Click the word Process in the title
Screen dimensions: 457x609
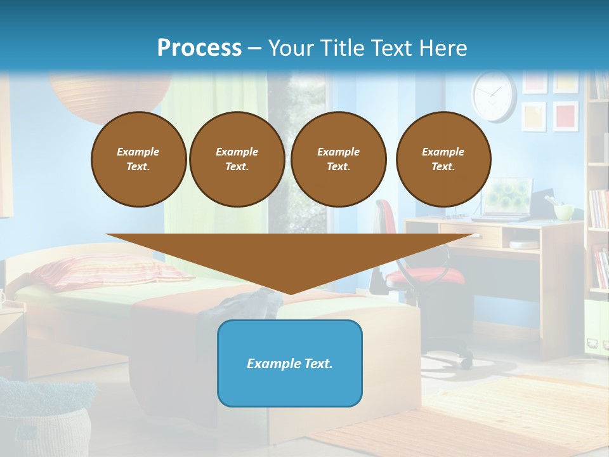(199, 48)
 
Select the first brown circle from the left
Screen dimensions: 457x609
(138, 159)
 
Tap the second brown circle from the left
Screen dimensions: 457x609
(237, 159)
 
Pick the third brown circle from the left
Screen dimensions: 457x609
(338, 159)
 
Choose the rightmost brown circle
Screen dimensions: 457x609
(443, 159)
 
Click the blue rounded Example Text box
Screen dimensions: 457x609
(290, 363)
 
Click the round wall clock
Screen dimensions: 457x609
(494, 96)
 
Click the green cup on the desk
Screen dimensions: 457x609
(563, 211)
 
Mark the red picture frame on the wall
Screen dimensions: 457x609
(565, 116)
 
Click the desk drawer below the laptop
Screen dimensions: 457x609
(469, 235)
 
